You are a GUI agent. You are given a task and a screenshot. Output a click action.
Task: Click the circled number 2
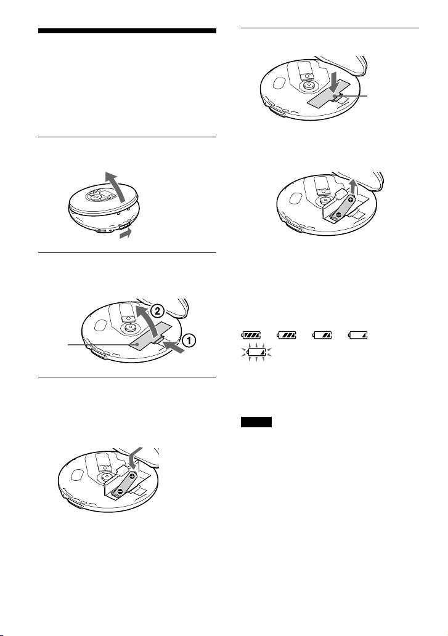point(158,312)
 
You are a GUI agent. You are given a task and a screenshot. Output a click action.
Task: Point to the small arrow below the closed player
point(126,233)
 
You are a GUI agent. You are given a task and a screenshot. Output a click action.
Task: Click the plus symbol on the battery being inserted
point(132,475)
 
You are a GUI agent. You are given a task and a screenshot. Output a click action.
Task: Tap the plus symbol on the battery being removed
point(351,199)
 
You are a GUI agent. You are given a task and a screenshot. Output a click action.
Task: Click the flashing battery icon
point(256,352)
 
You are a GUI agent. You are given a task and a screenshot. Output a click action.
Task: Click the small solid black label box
point(256,422)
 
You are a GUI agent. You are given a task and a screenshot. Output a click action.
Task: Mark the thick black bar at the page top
point(127,31)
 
